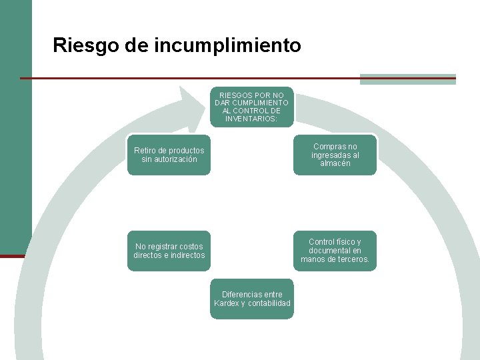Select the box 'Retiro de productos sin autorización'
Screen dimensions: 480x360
tap(169, 155)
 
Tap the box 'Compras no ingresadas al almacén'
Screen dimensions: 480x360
tap(335, 155)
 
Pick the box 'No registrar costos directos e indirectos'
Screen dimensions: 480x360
tap(169, 251)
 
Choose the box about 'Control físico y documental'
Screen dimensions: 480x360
tap(335, 251)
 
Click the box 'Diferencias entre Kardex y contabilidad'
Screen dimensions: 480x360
tap(252, 299)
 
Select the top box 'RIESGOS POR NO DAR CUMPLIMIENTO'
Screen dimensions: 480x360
tap(252, 107)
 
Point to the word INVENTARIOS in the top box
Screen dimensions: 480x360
tap(252, 119)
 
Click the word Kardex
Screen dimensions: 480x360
tap(226, 303)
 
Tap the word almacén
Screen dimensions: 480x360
tap(335, 163)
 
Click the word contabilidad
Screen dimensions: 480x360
tap(269, 303)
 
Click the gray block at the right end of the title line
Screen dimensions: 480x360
tap(407, 79)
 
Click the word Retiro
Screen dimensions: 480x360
tap(146, 151)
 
